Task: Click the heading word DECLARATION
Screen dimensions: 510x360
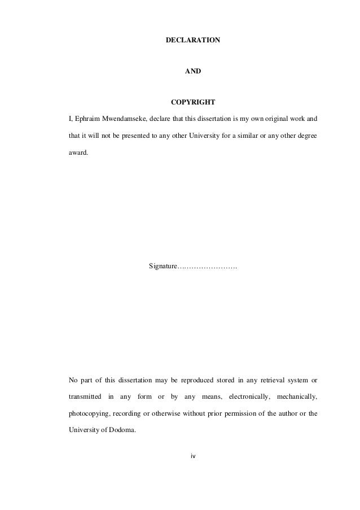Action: click(192, 41)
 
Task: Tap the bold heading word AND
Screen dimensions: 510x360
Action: click(192, 72)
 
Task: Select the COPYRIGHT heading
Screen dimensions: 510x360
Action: click(192, 103)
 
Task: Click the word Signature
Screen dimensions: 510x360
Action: click(163, 265)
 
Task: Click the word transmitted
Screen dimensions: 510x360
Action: click(85, 396)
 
